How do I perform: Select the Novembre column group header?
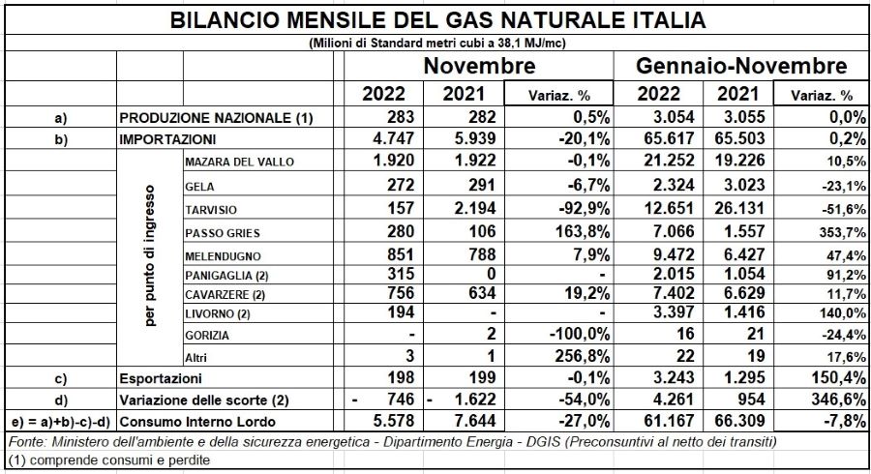[479, 66]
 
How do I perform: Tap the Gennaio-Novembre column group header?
[741, 66]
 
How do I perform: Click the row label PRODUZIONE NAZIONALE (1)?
[216, 118]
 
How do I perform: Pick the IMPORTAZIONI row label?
[167, 139]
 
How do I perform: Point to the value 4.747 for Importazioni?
[394, 138]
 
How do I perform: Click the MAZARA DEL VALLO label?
[239, 163]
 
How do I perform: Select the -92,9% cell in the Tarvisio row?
[584, 209]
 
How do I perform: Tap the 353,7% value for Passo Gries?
[842, 232]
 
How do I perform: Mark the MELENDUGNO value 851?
[401, 254]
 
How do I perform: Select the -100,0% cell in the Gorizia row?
[580, 334]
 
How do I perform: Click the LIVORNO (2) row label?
[217, 314]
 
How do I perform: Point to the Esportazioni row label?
[161, 379]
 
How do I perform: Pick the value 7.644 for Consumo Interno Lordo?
[475, 421]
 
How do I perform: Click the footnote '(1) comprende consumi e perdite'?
[109, 460]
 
